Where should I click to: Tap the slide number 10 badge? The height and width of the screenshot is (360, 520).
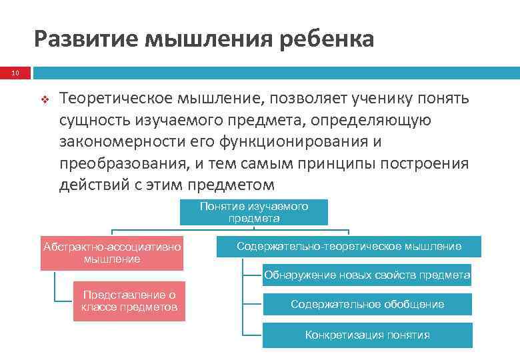(15, 73)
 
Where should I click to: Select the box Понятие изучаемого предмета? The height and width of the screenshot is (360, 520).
(254, 212)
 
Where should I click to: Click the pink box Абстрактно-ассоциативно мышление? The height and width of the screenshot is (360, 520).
(112, 253)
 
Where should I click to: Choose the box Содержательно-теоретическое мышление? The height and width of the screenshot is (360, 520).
(349, 247)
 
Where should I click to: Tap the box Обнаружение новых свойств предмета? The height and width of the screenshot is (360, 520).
(367, 275)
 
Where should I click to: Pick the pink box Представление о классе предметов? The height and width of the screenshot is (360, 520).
(129, 301)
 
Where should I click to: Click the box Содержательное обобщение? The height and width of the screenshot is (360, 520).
(367, 304)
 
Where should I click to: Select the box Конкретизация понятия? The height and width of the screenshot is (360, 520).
(367, 335)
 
